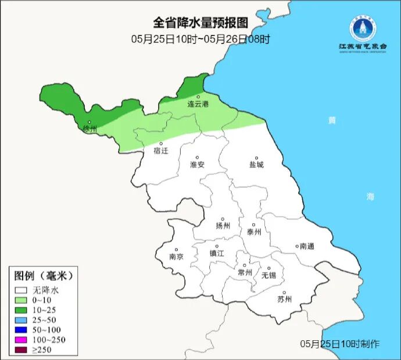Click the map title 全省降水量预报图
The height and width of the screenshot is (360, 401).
point(201,23)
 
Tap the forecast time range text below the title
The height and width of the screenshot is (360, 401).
point(201,39)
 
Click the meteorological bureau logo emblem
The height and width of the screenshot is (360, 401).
point(363,28)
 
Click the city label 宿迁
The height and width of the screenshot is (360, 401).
point(160,151)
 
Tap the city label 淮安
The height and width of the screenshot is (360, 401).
point(197,165)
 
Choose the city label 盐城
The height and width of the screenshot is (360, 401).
point(256,165)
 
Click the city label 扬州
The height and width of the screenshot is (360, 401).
point(223,226)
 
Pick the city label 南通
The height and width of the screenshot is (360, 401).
point(306,247)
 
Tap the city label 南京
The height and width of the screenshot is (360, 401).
point(176,256)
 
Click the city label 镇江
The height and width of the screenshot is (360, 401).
point(217,254)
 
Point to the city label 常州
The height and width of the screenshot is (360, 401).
point(245,272)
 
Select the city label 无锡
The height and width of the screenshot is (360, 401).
point(268,275)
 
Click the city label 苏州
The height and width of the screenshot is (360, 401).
point(284,300)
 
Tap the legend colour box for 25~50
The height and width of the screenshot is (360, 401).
point(22,319)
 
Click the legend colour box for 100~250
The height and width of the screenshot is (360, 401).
point(22,339)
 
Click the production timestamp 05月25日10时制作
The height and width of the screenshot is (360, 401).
point(340,344)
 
